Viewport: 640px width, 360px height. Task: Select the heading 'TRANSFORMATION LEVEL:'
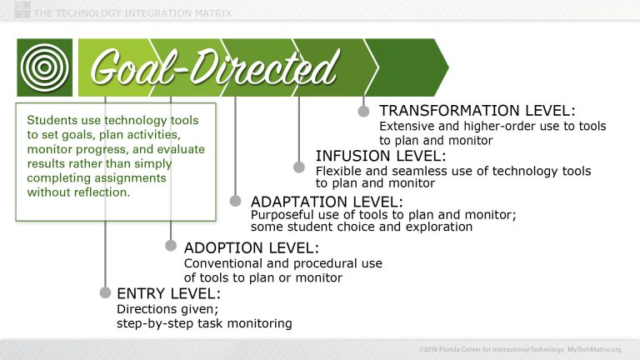[477, 111]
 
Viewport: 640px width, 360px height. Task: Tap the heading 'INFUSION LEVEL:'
[380, 156]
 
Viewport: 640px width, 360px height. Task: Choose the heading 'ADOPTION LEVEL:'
[251, 247]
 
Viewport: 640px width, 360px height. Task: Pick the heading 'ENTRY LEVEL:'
[168, 293]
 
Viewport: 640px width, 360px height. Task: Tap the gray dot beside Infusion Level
[299, 166]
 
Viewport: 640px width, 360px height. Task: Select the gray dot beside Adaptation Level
[235, 201]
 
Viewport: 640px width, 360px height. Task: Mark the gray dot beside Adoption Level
[171, 245]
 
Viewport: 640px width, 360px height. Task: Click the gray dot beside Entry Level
[105, 292]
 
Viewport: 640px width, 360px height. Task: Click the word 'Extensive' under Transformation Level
[407, 127]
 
